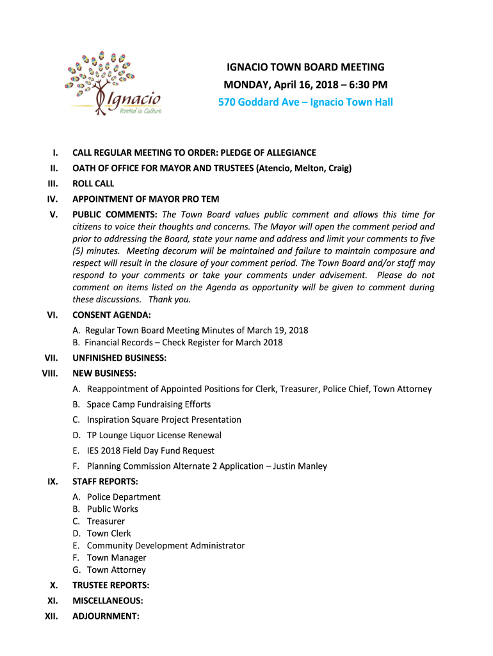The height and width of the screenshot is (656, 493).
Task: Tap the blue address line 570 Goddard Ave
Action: (305, 102)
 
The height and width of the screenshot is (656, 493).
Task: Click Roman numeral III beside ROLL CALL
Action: (53, 183)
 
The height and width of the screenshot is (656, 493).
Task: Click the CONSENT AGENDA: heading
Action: (112, 315)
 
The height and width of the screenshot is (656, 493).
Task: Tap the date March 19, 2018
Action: (279, 331)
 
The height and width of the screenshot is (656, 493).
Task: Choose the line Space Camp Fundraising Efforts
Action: (149, 404)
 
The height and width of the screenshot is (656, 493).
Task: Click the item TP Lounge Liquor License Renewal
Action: (154, 435)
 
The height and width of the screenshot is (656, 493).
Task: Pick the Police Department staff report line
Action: (124, 496)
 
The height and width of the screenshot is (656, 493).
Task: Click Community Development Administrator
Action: (166, 545)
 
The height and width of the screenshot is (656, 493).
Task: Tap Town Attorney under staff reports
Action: (116, 570)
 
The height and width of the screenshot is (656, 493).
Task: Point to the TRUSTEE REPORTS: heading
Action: (111, 585)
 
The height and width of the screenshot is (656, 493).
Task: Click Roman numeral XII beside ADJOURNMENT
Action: (51, 616)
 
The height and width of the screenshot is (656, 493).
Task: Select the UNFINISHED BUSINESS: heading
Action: (119, 358)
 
